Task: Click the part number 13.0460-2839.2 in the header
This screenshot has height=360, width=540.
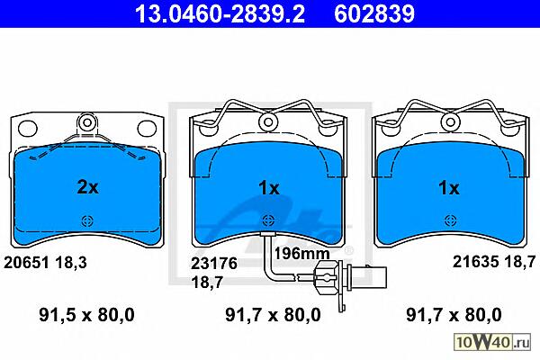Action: pos(220,13)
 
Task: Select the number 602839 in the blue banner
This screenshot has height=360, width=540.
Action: pos(374,13)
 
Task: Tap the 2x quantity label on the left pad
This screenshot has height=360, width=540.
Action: pos(87,187)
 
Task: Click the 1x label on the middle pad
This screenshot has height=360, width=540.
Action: pos(269,188)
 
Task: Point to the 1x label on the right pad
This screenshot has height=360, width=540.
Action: pos(448,188)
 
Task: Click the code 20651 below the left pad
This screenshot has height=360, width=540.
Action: pos(26,263)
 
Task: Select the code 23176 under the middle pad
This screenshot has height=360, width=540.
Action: pos(214,264)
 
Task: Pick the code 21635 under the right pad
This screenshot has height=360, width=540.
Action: pos(475,262)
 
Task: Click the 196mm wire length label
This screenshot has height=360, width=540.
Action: pos(301,254)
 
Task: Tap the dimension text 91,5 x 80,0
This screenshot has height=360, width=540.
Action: pos(86,315)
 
